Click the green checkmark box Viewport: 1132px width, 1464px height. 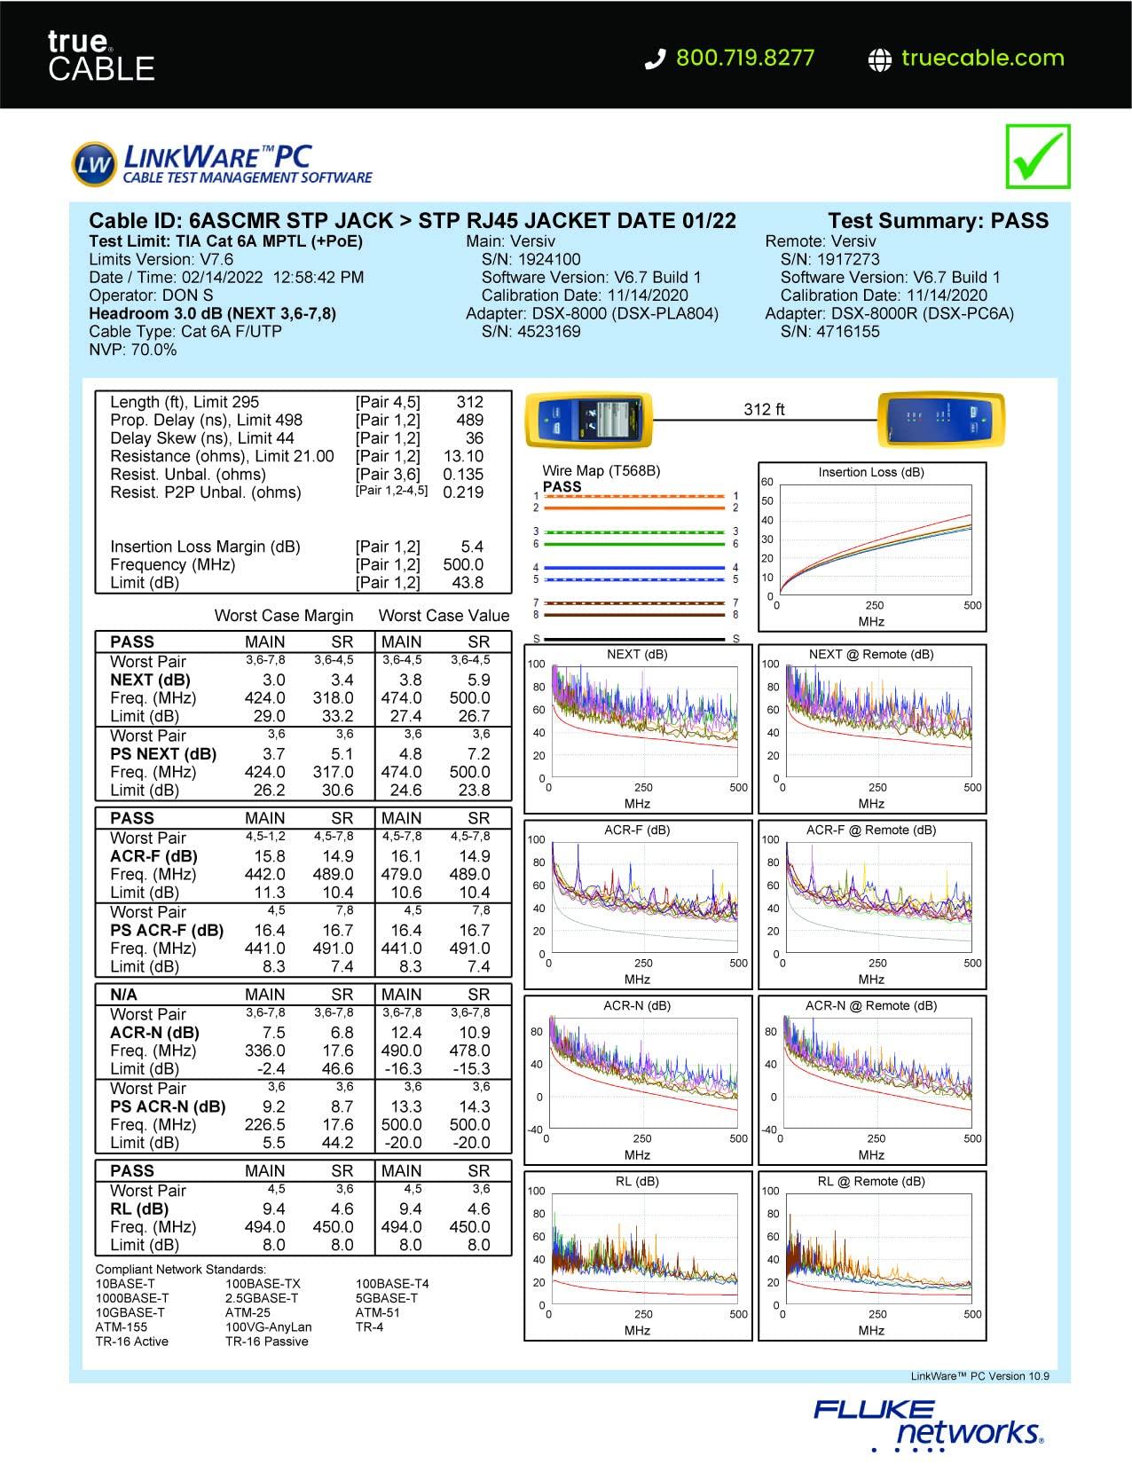click(x=1037, y=156)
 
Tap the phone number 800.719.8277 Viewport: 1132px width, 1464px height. click(x=744, y=58)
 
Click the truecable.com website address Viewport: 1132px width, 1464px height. click(x=982, y=58)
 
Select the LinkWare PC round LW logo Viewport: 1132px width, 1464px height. click(x=93, y=164)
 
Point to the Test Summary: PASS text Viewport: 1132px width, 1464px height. click(x=938, y=221)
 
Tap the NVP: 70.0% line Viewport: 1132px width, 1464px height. click(x=133, y=350)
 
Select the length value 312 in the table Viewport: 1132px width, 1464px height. click(x=469, y=402)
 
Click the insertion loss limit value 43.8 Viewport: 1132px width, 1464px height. click(x=468, y=583)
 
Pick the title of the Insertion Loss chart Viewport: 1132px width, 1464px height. click(x=870, y=472)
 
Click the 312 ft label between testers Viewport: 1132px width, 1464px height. click(x=764, y=409)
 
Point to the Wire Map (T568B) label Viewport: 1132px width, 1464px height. click(x=601, y=470)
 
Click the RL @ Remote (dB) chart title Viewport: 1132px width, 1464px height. click(x=870, y=1181)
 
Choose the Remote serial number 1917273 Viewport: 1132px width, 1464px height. click(x=829, y=259)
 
